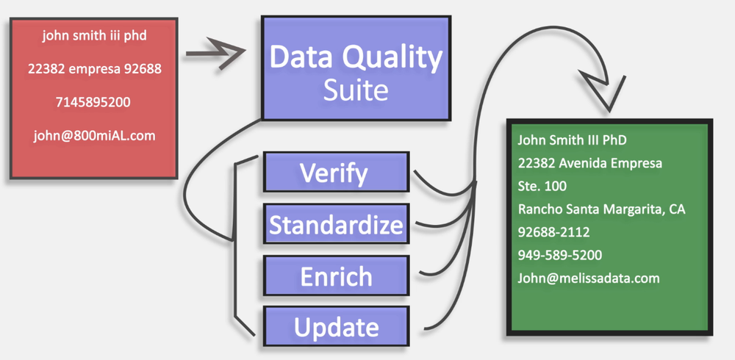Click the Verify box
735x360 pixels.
[x=334, y=173]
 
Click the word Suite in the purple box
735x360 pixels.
[x=356, y=90]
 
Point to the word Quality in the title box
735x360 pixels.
[x=390, y=57]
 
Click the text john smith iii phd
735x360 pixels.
[x=93, y=34]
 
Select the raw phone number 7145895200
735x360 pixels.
[x=93, y=102]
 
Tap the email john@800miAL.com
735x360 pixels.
[x=93, y=136]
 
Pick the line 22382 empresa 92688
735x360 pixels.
[x=93, y=68]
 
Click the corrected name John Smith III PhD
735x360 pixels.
[x=572, y=140]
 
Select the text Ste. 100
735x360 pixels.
[x=542, y=186]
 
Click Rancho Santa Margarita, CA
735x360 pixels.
[x=601, y=209]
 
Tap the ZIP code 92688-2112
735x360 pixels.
[x=553, y=232]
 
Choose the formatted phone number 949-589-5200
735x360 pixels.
[x=559, y=255]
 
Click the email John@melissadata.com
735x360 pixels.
[x=588, y=278]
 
